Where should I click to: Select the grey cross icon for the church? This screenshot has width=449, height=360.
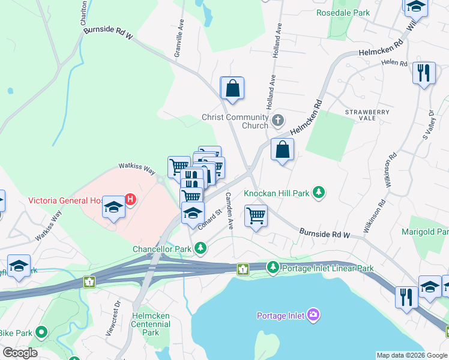(277, 121)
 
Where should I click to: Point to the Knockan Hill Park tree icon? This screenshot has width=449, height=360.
(321, 193)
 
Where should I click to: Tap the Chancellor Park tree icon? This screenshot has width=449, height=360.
(201, 248)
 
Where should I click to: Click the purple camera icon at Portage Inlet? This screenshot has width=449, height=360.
(313, 315)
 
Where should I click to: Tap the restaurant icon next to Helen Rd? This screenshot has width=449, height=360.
(424, 73)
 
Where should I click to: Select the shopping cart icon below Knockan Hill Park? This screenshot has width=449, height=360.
(256, 215)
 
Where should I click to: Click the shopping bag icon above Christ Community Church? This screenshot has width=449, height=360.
(232, 89)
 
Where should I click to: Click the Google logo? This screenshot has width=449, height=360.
(20, 352)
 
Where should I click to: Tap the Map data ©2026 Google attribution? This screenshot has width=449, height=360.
(412, 355)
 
